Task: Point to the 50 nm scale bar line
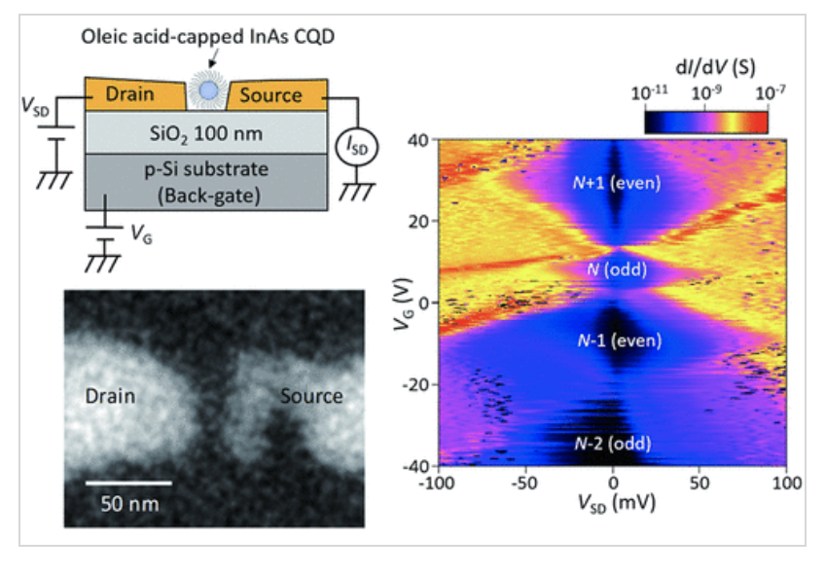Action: coord(127,482)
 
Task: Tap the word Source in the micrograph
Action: coord(311,396)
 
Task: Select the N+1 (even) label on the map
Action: coord(614,182)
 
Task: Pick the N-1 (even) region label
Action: coord(614,341)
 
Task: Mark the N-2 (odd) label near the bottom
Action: coord(614,445)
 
